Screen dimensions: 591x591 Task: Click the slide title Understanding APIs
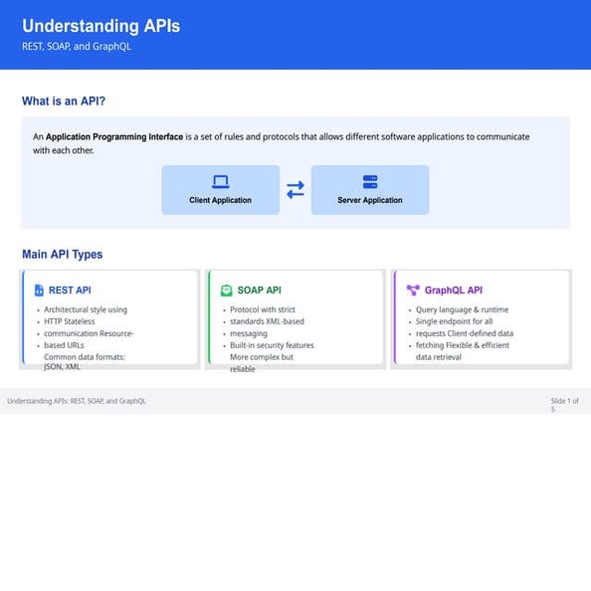(x=100, y=26)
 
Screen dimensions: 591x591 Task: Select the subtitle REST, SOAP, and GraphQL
(x=77, y=46)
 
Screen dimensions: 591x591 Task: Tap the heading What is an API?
(x=64, y=101)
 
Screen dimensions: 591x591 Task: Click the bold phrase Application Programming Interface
(x=113, y=136)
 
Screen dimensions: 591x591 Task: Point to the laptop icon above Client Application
(x=220, y=182)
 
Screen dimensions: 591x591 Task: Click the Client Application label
(x=220, y=200)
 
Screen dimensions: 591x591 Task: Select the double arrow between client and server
(x=295, y=189)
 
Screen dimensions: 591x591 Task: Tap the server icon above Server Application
(x=370, y=182)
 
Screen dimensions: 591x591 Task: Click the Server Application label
(x=370, y=200)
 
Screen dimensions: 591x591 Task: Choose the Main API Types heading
(x=62, y=255)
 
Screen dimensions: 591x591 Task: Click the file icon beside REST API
(x=39, y=291)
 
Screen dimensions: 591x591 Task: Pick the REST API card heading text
(x=70, y=291)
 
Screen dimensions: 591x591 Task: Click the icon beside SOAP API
(x=225, y=291)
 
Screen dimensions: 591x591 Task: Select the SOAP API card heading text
(x=259, y=291)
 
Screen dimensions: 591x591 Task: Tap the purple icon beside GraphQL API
(x=413, y=291)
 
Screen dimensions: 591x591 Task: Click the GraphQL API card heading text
(x=453, y=291)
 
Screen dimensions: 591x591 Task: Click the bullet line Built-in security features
(x=272, y=345)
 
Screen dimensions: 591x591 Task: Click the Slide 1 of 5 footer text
(x=564, y=404)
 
